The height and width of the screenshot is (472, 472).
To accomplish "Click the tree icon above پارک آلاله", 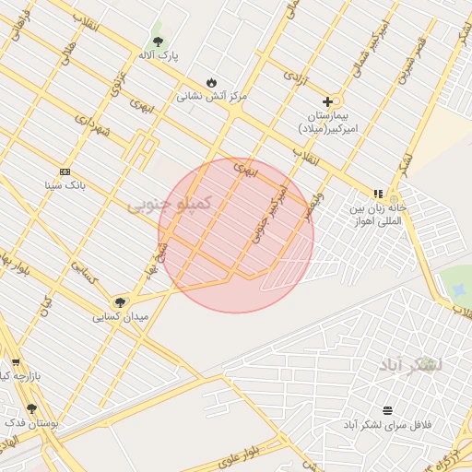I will (158, 41).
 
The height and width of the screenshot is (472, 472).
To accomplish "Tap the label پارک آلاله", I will (161, 56).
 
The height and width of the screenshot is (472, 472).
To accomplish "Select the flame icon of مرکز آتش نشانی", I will (211, 81).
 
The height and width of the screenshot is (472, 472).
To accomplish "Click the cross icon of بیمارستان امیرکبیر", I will (327, 101).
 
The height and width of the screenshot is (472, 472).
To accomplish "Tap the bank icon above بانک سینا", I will (65, 171).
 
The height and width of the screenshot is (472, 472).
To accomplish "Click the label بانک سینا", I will (65, 185).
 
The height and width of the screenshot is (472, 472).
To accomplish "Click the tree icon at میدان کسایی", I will (119, 302).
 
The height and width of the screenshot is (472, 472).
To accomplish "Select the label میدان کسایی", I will (120, 317).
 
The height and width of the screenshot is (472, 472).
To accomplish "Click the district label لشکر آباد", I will (410, 365).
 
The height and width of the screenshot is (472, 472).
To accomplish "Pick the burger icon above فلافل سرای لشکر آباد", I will (387, 409).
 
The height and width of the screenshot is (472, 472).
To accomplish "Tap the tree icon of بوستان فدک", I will (31, 408).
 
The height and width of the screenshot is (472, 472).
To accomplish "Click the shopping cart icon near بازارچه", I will (15, 362).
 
